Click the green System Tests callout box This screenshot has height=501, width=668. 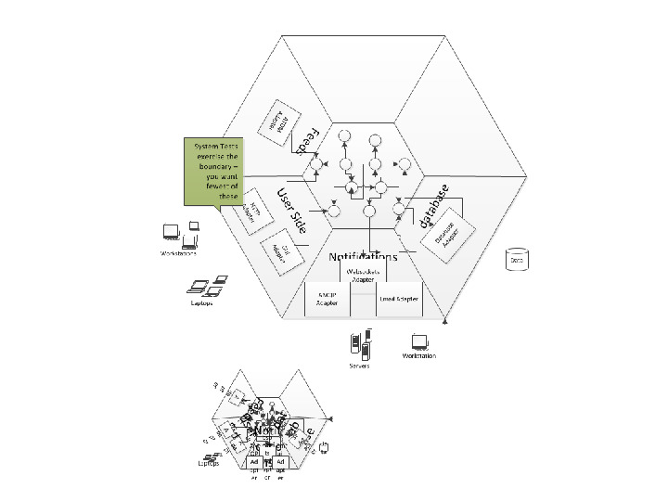(216, 171)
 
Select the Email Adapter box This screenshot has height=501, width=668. (399, 299)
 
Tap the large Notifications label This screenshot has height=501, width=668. (363, 257)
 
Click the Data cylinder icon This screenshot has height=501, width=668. (516, 259)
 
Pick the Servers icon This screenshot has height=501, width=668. (360, 345)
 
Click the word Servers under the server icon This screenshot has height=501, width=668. (360, 366)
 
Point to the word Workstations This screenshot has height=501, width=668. (178, 253)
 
